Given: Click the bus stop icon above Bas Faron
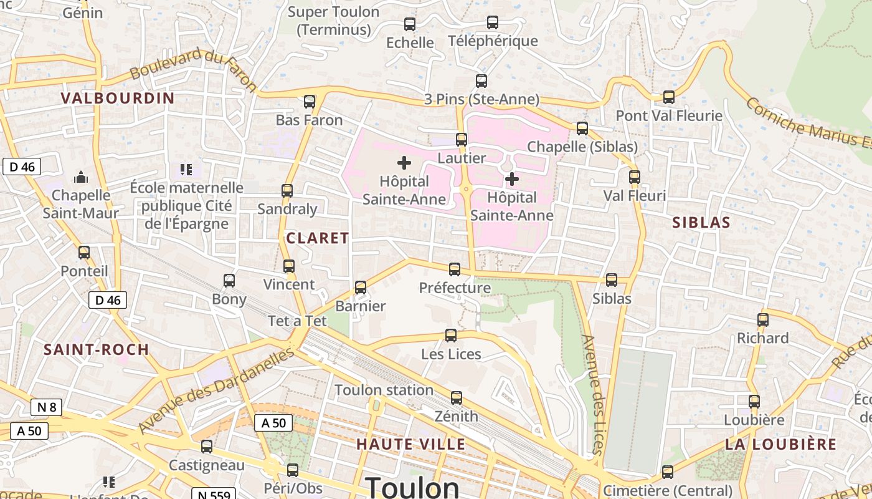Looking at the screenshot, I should click(x=310, y=102).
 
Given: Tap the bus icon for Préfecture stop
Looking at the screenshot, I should click(x=455, y=269).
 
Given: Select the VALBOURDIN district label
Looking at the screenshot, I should click(x=118, y=98).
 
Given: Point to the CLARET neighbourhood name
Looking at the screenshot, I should click(x=318, y=238).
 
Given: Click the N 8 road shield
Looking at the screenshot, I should click(x=47, y=408).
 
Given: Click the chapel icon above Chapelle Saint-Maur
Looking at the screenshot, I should click(x=81, y=178).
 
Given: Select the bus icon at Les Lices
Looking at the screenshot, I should click(x=451, y=336).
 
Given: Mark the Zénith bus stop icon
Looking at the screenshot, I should click(x=457, y=398).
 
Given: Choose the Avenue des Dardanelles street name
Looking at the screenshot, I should click(x=216, y=391).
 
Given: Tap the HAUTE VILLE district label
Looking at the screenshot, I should click(x=411, y=444).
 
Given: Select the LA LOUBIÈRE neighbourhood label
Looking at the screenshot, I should click(x=780, y=444).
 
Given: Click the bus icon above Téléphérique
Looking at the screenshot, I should click(x=493, y=22).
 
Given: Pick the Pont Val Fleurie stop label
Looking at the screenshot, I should click(x=669, y=115).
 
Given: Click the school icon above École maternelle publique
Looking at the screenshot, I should click(x=186, y=169).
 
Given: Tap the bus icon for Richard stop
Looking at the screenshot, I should click(x=763, y=320).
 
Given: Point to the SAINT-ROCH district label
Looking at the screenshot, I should click(x=97, y=349).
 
